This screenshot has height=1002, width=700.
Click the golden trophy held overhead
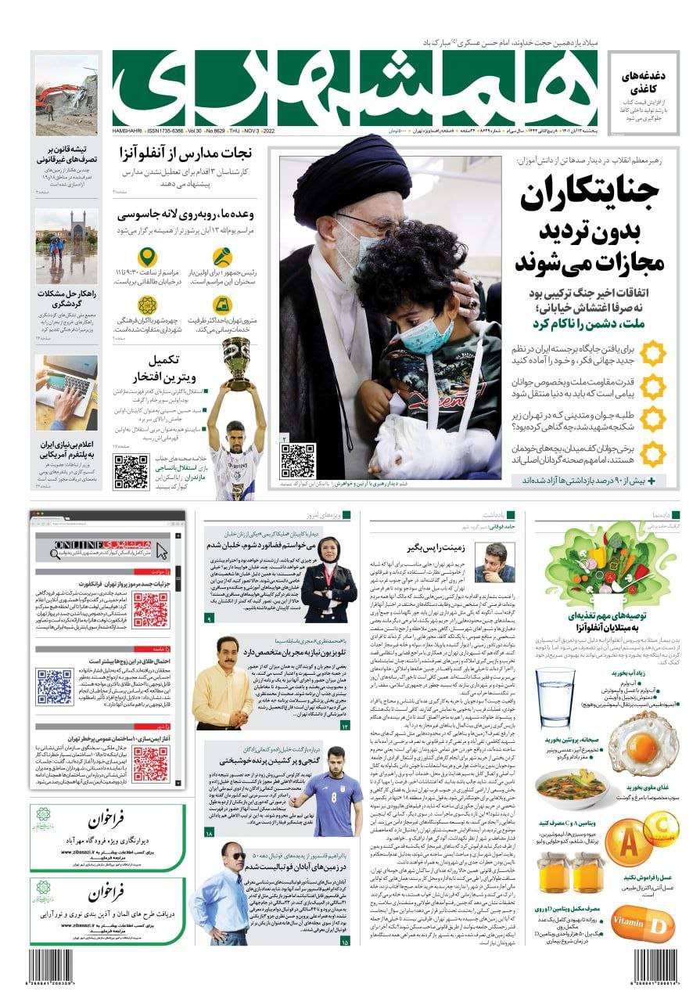point(235,362)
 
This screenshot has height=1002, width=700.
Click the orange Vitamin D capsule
point(641,924)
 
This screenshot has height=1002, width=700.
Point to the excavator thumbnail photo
point(66,95)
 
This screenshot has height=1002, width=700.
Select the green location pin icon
point(147,258)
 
